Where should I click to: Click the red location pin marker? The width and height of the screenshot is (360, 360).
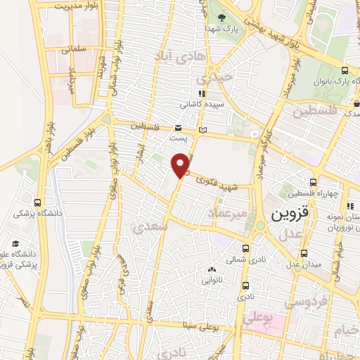click(182, 166)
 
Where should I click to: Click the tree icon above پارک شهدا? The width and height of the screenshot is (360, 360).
click(223, 19)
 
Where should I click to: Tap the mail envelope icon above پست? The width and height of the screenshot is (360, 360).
click(178, 128)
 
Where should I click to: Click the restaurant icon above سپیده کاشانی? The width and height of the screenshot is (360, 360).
click(201, 93)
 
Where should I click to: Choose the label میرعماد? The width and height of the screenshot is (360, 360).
click(230, 212)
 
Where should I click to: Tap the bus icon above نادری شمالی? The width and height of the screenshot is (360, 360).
click(245, 248)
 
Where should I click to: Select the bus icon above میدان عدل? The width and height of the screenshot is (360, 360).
click(304, 253)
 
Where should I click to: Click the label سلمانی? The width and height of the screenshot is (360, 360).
click(72, 50)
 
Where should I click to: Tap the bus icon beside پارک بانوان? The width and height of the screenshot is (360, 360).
click(344, 71)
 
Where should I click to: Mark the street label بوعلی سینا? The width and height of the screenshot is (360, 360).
click(207, 326)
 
